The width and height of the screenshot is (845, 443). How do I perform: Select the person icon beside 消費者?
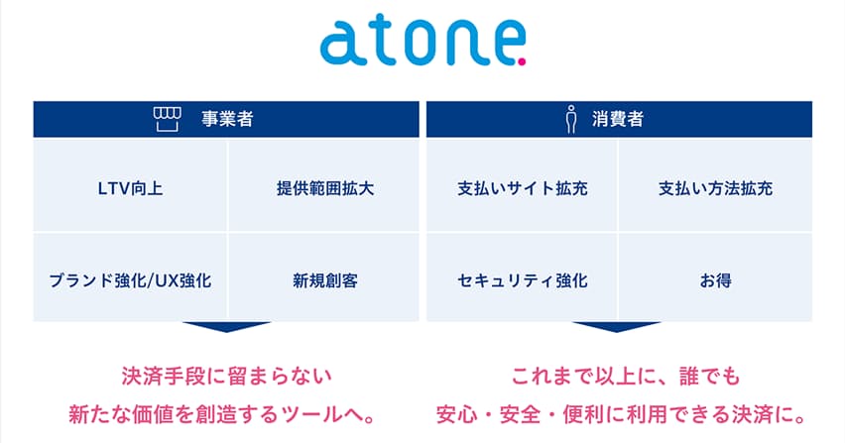point(570,120)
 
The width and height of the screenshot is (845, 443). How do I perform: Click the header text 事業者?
point(227,119)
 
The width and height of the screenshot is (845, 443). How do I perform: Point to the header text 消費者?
point(619,119)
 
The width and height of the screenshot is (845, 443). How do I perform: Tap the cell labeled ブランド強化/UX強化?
point(130,279)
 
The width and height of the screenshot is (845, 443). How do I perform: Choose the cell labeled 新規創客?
point(325,279)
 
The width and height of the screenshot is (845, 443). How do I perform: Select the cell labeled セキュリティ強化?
point(522,279)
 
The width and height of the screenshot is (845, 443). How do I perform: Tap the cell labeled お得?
point(715,279)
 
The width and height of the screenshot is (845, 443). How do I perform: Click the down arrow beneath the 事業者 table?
point(227,327)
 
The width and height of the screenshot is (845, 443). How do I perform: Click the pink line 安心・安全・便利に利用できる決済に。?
point(620,411)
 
